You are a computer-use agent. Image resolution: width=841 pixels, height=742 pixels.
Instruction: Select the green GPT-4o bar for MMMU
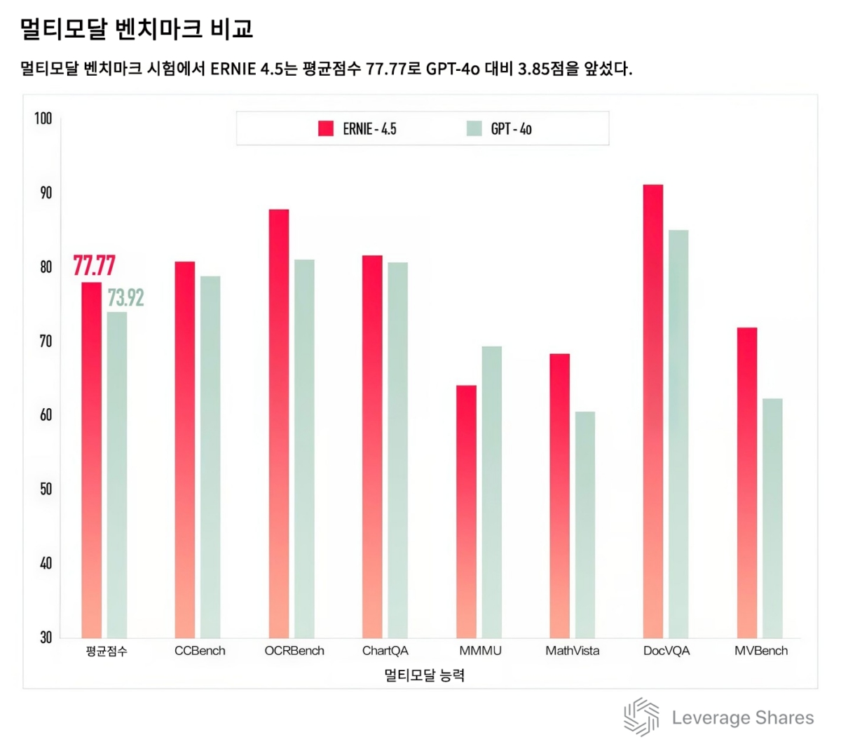[491, 491]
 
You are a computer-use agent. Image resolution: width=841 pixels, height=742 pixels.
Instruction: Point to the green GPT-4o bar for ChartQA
[397, 450]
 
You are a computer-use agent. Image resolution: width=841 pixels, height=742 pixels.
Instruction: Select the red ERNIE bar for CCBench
[185, 449]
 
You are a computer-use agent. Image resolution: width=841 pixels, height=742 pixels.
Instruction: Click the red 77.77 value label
[94, 267]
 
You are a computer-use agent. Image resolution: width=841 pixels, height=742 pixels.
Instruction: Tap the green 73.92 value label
[125, 298]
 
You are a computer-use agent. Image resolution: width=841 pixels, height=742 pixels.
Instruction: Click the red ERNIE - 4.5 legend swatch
[326, 128]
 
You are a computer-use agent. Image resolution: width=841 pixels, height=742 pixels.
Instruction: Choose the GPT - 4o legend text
[511, 129]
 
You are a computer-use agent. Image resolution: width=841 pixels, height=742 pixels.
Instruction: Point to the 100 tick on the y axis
[43, 119]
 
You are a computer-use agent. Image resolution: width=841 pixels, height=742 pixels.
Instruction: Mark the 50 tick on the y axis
[46, 489]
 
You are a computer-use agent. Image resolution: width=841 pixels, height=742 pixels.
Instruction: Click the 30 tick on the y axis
[46, 638]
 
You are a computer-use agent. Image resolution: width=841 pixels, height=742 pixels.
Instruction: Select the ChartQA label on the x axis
[385, 651]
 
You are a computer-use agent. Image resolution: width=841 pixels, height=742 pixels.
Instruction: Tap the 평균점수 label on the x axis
[107, 651]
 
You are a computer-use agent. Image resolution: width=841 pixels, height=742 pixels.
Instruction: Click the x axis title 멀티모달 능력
[424, 675]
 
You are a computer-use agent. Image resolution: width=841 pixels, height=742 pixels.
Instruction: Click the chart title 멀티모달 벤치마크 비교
[137, 29]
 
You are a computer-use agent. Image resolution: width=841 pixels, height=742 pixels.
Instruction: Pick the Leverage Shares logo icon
[641, 717]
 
